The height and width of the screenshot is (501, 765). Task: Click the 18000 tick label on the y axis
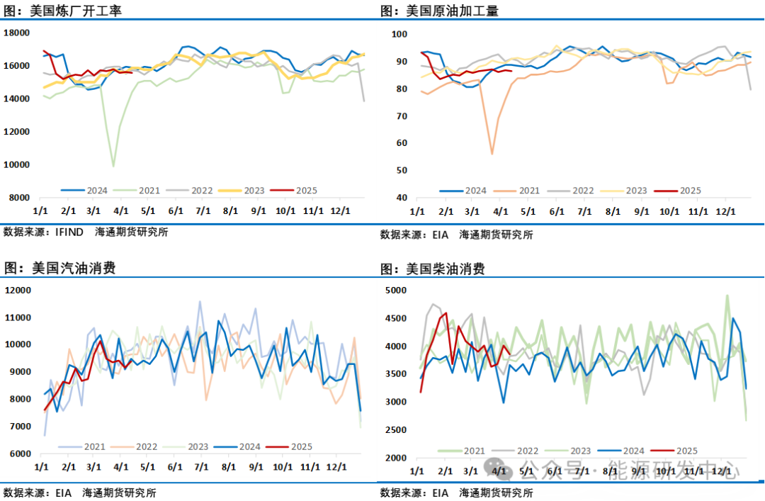17,33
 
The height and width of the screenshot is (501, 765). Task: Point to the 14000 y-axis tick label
17,98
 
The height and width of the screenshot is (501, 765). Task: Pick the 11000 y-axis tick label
17,317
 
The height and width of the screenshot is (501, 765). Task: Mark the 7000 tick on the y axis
19,427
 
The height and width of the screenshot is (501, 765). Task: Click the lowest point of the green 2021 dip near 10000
113,167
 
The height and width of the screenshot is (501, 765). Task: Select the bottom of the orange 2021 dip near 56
492,154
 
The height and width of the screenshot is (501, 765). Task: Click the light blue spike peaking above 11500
200,302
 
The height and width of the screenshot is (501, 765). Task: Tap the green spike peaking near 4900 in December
727,295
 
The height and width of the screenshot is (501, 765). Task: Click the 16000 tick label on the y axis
17,66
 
